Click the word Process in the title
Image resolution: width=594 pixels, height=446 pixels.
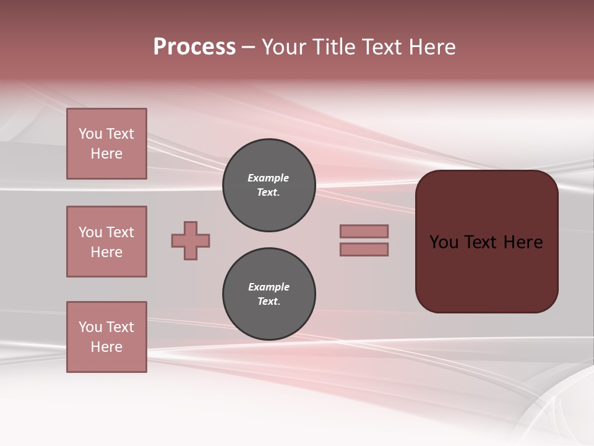click(194, 47)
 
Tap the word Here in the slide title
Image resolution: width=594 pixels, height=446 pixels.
click(431, 47)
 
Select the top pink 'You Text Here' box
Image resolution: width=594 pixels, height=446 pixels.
click(106, 144)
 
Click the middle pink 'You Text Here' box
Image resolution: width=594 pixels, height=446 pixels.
click(106, 242)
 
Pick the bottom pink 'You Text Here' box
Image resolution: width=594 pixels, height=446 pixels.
click(106, 337)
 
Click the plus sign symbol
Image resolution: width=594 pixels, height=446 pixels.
click(191, 240)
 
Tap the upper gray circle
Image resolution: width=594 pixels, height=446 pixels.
click(269, 185)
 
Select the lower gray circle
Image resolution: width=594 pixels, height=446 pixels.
click(269, 294)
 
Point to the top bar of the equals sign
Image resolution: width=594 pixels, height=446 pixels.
click(364, 231)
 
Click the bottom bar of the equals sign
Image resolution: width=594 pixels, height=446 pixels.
click(364, 249)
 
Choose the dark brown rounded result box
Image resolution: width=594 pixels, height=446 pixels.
click(486, 242)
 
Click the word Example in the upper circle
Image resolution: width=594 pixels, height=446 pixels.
click(269, 178)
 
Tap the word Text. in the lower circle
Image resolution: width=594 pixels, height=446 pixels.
click(269, 302)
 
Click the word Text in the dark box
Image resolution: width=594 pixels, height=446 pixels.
click(481, 242)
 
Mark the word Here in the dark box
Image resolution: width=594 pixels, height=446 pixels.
click(523, 242)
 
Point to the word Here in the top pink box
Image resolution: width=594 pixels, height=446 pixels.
click(106, 154)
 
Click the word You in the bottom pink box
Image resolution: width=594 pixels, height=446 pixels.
click(90, 327)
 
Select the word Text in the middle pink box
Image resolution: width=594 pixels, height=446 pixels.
click(119, 232)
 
